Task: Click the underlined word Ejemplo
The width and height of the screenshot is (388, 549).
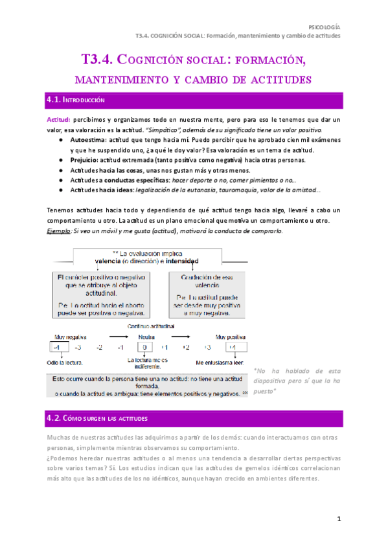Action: point(59,231)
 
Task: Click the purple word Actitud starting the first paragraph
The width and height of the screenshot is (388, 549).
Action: point(58,120)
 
